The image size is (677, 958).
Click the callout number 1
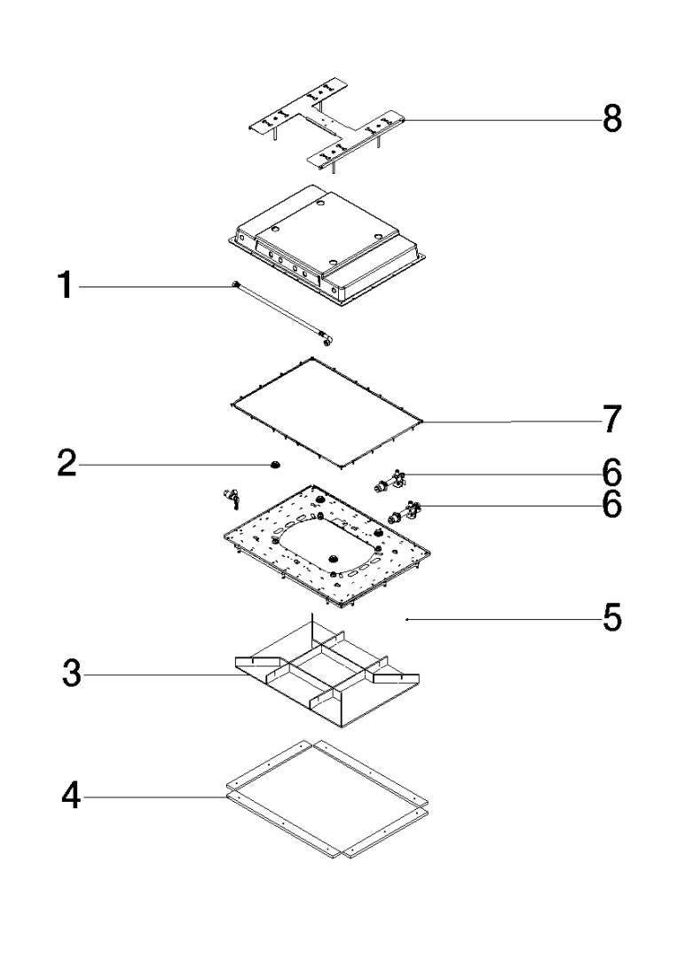click(x=65, y=288)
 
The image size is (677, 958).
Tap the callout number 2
click(x=65, y=464)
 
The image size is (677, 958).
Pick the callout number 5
click(x=611, y=618)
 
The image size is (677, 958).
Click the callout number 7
click(x=611, y=420)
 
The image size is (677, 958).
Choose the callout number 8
click(x=611, y=119)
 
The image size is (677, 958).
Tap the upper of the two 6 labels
click(x=611, y=467)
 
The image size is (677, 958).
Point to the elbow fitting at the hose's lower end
click(x=329, y=338)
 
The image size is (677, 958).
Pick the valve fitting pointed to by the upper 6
click(x=390, y=483)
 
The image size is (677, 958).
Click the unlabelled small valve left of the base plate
click(x=232, y=499)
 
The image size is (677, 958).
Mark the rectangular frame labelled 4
click(x=327, y=797)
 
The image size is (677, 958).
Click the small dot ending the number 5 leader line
click(x=406, y=619)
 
